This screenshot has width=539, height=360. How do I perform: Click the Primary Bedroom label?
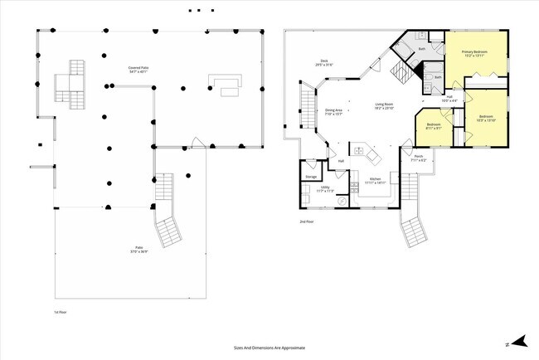click(x=473, y=53)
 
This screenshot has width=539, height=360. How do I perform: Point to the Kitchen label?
click(x=375, y=181)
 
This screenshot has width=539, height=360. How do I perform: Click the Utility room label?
click(x=326, y=189)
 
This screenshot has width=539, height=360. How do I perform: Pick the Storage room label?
click(x=311, y=177)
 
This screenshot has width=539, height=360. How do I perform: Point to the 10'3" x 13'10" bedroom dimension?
click(x=486, y=119)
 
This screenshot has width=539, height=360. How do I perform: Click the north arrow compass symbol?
click(x=519, y=340)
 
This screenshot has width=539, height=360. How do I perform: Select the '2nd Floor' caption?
click(x=307, y=222)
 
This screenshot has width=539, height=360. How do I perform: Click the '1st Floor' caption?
click(x=47, y=311)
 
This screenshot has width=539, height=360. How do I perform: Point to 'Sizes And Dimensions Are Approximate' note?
click(x=269, y=349)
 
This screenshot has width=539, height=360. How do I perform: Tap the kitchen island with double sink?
click(x=363, y=152)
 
